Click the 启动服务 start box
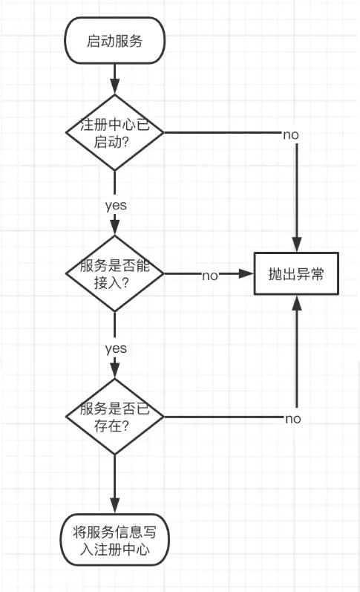(x=114, y=42)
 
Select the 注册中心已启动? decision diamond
(x=114, y=133)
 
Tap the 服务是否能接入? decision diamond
(x=114, y=274)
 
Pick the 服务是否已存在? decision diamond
(x=114, y=417)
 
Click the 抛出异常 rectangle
(x=296, y=274)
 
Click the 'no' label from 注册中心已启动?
(x=291, y=134)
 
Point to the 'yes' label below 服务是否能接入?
(x=115, y=348)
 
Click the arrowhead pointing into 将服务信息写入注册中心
(x=114, y=506)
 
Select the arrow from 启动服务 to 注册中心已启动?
(x=114, y=78)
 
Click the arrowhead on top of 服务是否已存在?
(x=114, y=371)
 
